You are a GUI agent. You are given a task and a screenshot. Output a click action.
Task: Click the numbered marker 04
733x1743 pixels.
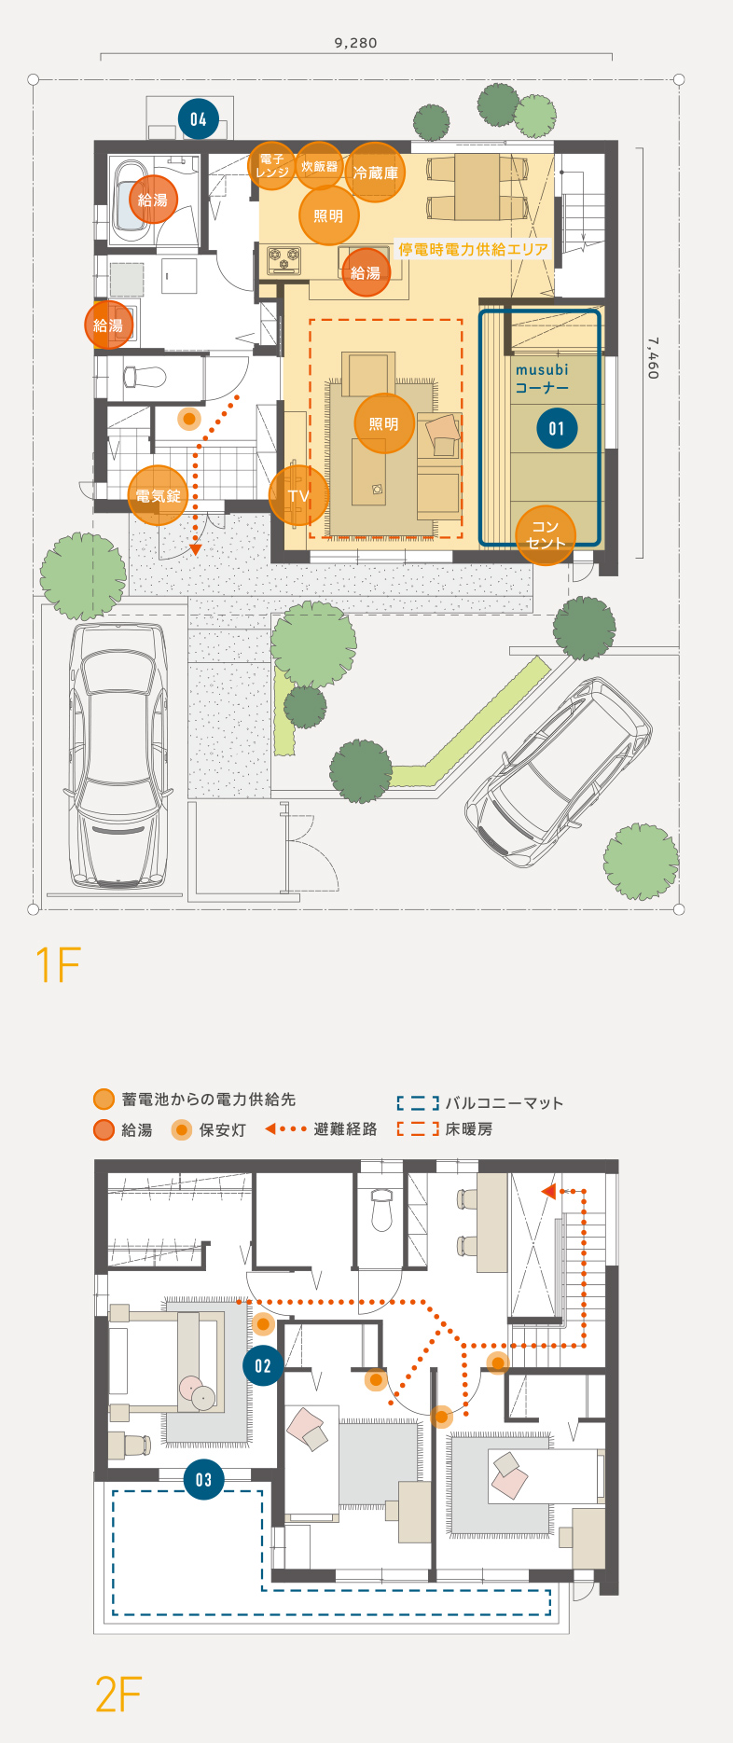tap(198, 118)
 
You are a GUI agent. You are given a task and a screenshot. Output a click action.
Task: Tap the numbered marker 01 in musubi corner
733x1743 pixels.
tap(557, 429)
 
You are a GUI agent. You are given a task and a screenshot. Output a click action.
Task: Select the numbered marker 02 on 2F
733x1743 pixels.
tap(263, 1366)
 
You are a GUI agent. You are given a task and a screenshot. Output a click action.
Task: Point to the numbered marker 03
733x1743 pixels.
tap(203, 1479)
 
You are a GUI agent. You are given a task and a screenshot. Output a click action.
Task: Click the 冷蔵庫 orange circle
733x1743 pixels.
tap(375, 173)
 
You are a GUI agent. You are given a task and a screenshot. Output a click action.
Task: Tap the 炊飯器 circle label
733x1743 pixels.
tap(319, 166)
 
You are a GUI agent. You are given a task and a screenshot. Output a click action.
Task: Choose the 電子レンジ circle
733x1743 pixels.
tap(272, 166)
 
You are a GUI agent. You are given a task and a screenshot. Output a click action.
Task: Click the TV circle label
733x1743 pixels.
tap(298, 496)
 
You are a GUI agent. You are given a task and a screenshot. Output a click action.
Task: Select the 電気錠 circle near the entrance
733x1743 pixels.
tap(159, 495)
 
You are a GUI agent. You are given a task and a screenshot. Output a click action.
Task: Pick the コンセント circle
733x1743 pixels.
tap(546, 534)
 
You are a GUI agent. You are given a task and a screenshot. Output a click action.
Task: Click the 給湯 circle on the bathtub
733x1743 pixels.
tap(153, 200)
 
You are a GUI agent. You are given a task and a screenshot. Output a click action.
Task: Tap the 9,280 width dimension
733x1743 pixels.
tap(355, 43)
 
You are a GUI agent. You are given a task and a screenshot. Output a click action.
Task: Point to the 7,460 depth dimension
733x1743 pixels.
tap(653, 358)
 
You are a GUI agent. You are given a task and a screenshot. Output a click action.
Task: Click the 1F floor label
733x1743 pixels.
tap(58, 964)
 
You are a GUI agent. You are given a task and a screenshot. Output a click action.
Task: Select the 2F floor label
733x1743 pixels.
tap(118, 1695)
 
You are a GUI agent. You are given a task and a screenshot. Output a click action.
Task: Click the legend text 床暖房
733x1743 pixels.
tap(469, 1129)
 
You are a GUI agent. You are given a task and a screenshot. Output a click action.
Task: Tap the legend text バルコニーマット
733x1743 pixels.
tap(505, 1103)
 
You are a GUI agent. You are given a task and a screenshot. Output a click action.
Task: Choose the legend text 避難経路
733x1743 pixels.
tap(346, 1129)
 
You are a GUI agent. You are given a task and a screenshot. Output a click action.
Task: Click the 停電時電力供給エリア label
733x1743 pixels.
tap(473, 249)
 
